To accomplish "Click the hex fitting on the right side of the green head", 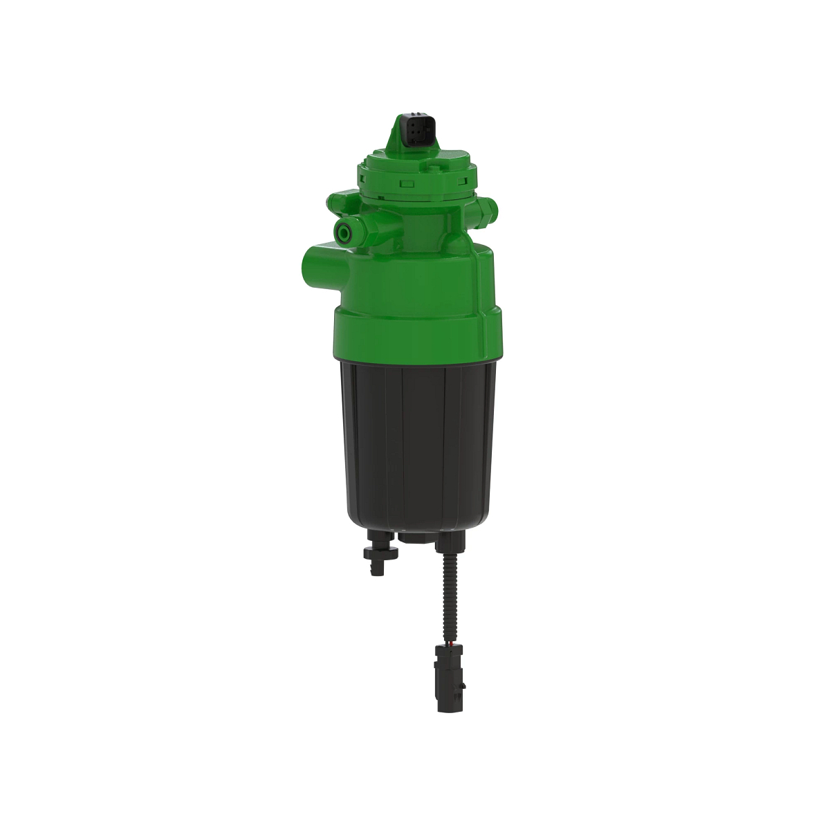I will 488,205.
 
